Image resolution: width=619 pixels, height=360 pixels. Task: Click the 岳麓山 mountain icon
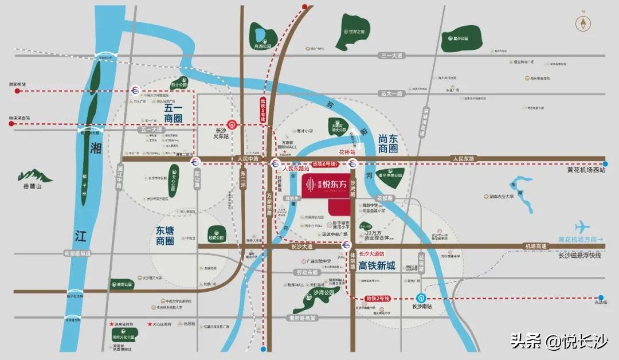pos(34,175)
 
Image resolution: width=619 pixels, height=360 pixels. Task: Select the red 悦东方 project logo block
pos(325,185)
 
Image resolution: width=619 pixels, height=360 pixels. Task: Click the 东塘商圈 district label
pos(164,236)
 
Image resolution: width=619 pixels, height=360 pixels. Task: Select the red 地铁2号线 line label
pos(378,299)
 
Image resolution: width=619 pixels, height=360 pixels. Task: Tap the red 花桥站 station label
pos(347,152)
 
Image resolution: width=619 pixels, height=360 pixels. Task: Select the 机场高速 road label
pos(535,246)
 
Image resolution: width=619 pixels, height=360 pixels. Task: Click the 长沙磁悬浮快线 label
pos(579,256)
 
